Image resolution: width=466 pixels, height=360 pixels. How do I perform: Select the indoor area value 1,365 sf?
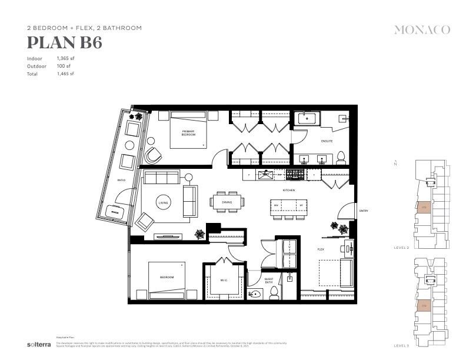click(65, 59)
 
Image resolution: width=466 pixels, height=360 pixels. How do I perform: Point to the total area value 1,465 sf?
click(65, 74)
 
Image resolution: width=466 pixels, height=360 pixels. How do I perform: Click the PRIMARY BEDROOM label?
click(188, 133)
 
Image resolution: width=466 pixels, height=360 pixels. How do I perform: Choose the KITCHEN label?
click(288, 191)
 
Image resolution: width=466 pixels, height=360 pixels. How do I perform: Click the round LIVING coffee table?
click(163, 203)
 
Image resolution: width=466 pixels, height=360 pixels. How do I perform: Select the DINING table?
click(227, 202)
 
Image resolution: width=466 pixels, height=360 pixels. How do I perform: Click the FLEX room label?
click(321, 249)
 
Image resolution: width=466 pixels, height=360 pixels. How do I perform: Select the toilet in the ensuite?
click(340, 158)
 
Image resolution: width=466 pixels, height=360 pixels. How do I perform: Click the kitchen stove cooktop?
click(295, 174)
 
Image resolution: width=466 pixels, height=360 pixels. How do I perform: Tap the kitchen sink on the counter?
click(266, 174)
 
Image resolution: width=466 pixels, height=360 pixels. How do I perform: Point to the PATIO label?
click(121, 180)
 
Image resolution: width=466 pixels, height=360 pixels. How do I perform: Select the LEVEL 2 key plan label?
click(402, 248)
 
